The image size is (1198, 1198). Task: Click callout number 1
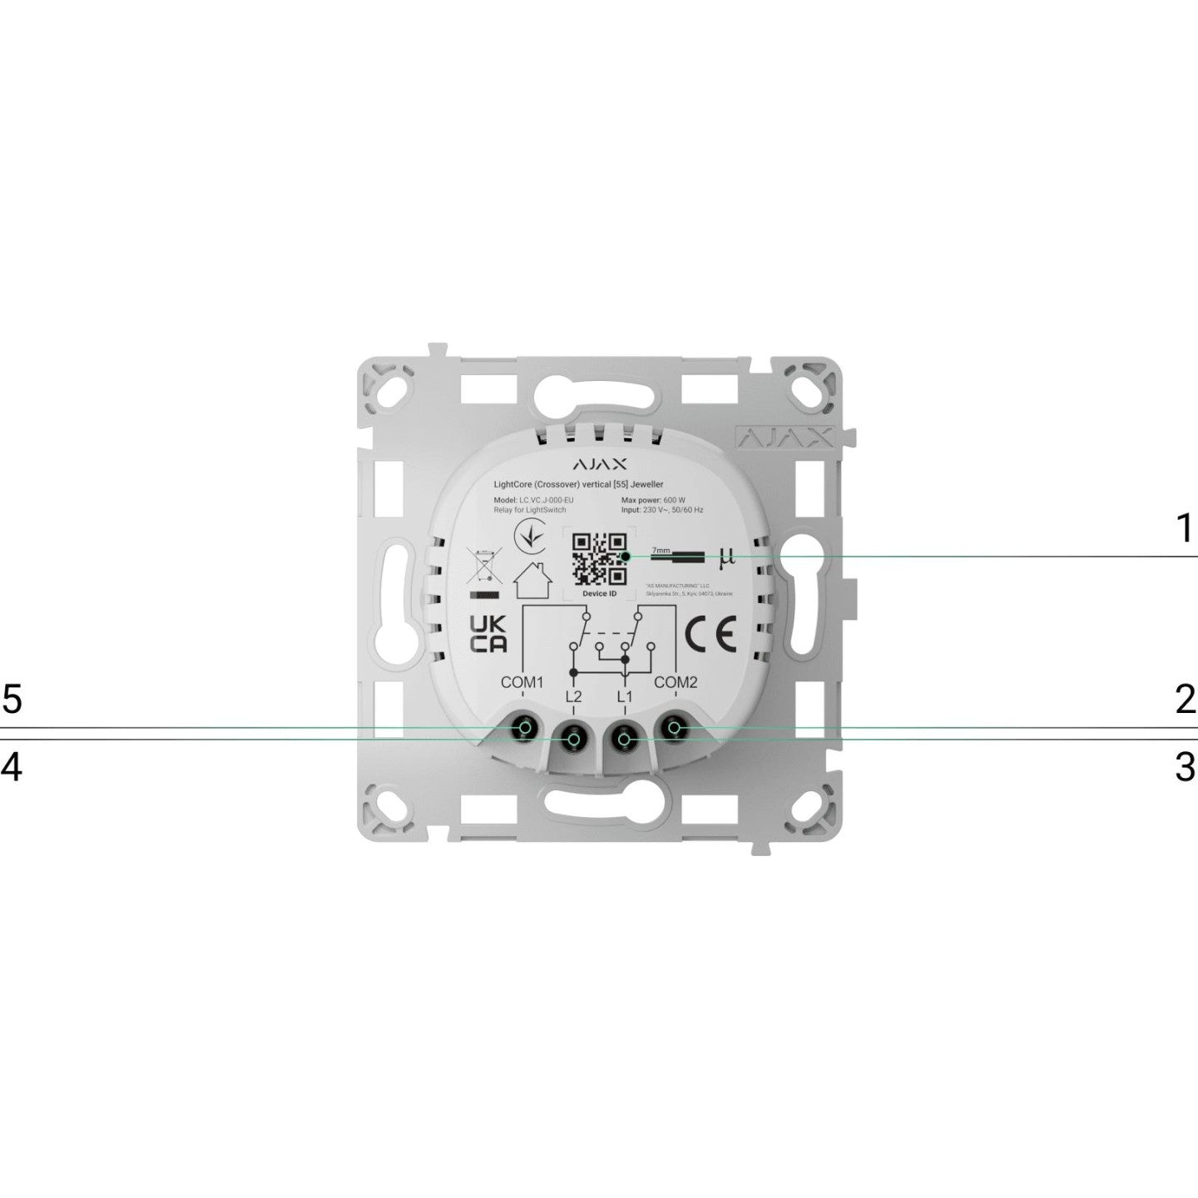pyautogui.click(x=1184, y=528)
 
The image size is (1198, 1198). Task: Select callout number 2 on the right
pyautogui.click(x=1185, y=700)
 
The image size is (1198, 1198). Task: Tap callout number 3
pyautogui.click(x=1185, y=766)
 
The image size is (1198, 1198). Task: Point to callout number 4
pyautogui.click(x=12, y=766)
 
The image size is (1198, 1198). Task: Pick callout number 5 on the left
pyautogui.click(x=12, y=700)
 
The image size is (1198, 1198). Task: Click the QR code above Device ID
pyautogui.click(x=600, y=557)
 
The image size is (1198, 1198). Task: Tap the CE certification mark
pyautogui.click(x=710, y=636)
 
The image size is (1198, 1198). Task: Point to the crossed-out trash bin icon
pyautogui.click(x=483, y=566)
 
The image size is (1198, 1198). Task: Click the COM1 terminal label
pyautogui.click(x=522, y=683)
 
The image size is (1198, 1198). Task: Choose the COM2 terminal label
pyautogui.click(x=676, y=683)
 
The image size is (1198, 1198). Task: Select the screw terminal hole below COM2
pyautogui.click(x=675, y=730)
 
